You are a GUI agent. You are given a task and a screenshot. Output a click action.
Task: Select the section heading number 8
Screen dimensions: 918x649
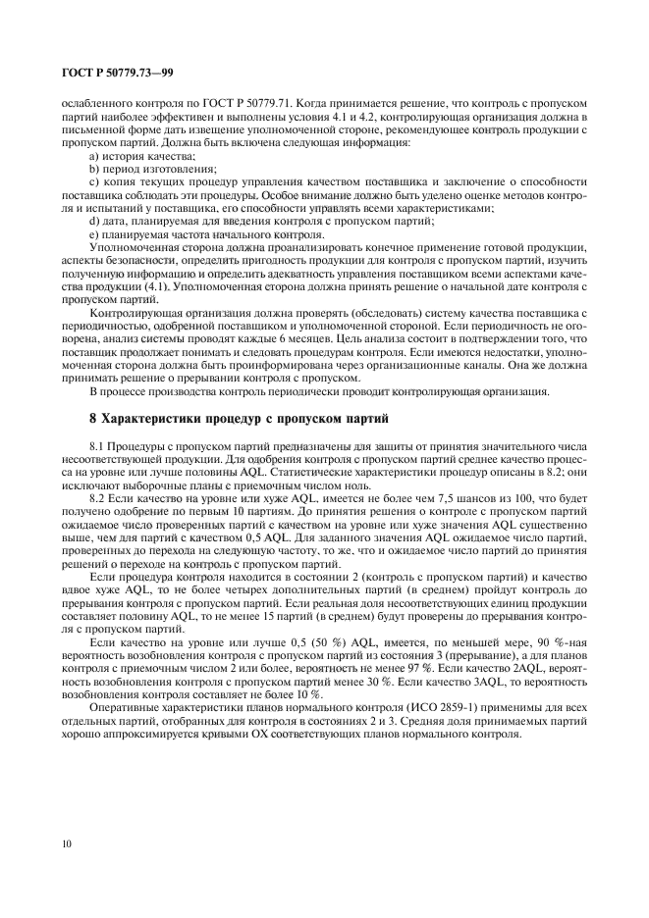pos(94,419)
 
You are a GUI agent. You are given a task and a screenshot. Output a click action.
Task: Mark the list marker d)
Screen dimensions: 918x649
pos(94,222)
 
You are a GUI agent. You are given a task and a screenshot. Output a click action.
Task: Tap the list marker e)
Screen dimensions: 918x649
pos(94,235)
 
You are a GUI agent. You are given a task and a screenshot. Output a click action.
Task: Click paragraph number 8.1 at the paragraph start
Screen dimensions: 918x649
pos(97,446)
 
